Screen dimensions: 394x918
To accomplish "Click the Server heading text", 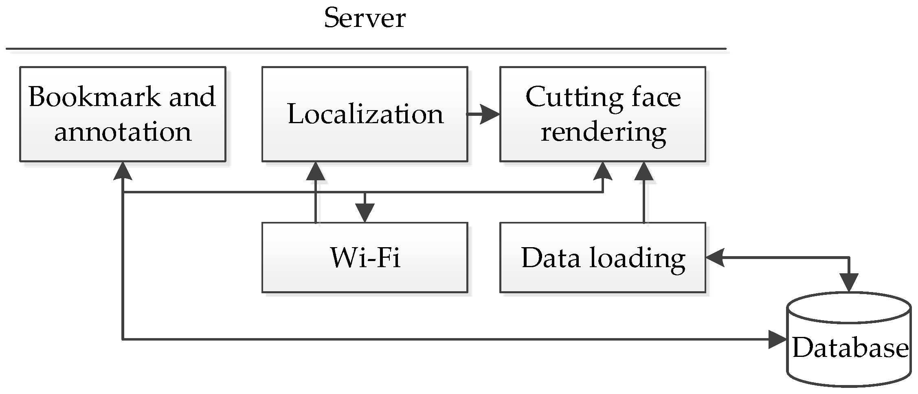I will point(365,18).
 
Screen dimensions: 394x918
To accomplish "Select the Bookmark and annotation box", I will point(123,114).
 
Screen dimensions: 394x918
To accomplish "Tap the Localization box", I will point(365,114).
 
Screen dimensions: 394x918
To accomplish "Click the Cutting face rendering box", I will point(603,114).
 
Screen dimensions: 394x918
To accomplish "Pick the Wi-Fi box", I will point(365,257).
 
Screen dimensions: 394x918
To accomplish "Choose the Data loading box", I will point(603,257).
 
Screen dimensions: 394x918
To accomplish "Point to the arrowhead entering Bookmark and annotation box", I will point(123,170).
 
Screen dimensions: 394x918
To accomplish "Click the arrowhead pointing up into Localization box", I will point(316,171).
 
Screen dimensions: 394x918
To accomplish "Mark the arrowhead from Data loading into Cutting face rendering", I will point(644,171).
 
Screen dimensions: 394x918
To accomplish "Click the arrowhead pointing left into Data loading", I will point(715,258).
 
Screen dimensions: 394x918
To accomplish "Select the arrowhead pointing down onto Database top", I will point(849,282).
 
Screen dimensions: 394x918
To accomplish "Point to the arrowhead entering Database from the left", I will point(777,339).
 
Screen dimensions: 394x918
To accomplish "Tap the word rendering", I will point(603,132).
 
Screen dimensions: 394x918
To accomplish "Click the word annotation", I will point(123,132).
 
